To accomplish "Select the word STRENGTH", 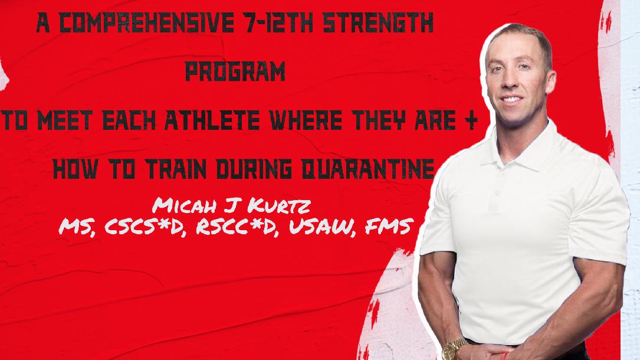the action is (378, 23).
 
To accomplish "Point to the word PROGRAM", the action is (235, 71).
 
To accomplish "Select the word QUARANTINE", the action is (367, 169).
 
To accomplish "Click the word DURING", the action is (254, 169).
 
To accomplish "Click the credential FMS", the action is (387, 227).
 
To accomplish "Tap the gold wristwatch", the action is (454, 349).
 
